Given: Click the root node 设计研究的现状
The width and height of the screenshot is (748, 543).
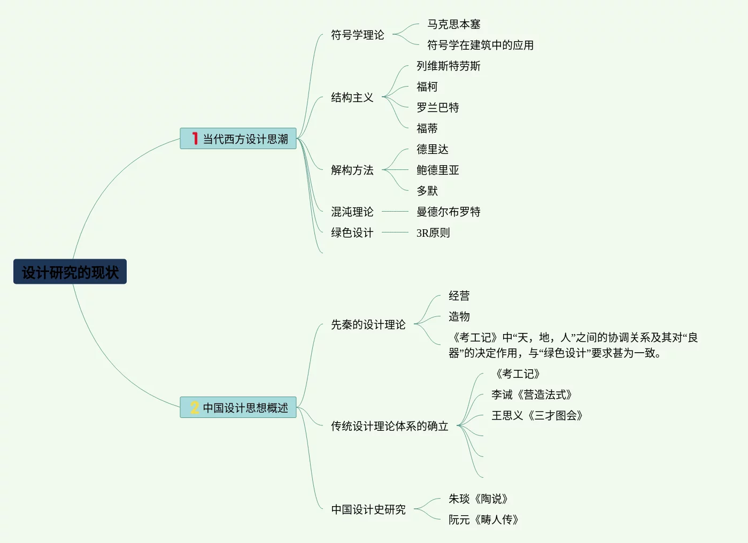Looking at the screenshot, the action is pos(70,272).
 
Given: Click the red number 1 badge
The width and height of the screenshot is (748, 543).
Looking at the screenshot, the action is pos(195,138).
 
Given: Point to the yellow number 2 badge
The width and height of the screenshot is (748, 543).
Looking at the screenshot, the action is pos(195,408).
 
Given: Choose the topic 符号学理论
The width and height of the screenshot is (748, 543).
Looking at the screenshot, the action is pos(357,35).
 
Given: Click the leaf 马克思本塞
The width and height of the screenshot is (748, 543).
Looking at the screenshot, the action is pos(453,24).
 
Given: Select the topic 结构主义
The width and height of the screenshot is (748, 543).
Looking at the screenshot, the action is pos(352,97).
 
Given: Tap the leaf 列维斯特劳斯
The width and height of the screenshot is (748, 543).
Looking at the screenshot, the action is pos(448,66).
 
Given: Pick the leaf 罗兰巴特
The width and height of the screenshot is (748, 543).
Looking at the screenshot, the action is pos(437,107).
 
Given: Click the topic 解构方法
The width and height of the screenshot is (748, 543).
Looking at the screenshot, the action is pos(352,170).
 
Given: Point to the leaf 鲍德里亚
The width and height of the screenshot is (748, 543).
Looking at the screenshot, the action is pos(437,170).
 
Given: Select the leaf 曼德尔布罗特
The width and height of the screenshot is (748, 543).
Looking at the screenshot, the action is pos(448,212).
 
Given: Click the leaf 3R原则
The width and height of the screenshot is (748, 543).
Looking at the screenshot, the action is pos(433,232).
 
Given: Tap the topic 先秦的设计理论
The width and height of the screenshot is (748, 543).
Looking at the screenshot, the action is pos(368,324).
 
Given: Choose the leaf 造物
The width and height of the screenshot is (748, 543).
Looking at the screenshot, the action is pos(459,316).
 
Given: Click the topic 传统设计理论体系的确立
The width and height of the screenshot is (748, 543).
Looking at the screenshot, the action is pos(389,426).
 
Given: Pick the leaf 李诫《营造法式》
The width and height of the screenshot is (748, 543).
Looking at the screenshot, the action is pos(532,394).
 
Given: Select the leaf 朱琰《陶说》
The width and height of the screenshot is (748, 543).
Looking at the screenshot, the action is pos(478,499).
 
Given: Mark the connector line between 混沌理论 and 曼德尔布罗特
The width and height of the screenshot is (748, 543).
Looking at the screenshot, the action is pos(395,212).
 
